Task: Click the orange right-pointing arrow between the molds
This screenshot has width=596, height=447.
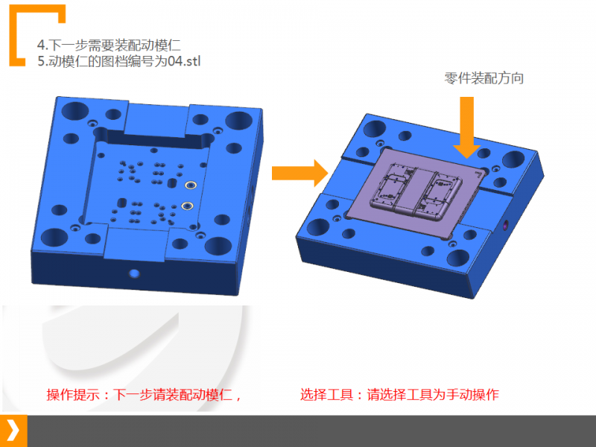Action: tap(300, 174)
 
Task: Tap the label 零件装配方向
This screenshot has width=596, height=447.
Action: tap(484, 78)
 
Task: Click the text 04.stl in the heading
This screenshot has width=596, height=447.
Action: tap(184, 61)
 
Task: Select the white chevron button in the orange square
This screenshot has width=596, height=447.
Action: tap(13, 431)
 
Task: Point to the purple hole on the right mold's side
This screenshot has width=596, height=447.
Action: tap(506, 225)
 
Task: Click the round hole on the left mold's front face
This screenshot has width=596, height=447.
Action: tap(134, 273)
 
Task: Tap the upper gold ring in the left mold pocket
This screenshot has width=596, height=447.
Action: tap(191, 185)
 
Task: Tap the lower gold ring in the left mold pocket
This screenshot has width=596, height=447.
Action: tap(187, 206)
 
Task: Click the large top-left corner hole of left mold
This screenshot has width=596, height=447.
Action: tap(75, 110)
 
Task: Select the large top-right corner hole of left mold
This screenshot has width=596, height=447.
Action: tap(238, 121)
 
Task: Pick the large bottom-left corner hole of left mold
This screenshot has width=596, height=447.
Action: tap(54, 237)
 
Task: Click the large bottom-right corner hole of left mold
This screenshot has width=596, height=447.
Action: tap(218, 247)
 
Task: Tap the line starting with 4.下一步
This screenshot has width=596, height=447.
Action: tap(109, 45)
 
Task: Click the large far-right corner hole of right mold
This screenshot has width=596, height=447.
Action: tap(513, 159)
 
